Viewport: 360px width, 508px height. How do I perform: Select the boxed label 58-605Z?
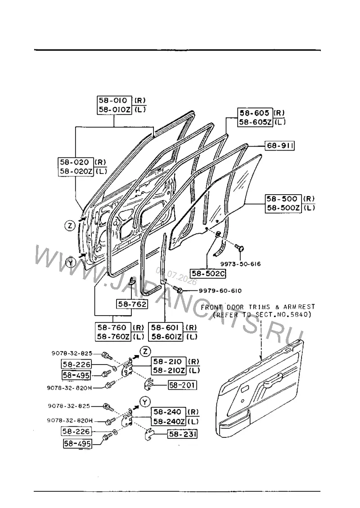[255, 122]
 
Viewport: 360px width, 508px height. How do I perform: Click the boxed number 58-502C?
[208, 274]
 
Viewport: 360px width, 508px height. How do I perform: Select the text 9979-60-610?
[220, 290]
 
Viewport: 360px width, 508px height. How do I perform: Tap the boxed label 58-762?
[132, 304]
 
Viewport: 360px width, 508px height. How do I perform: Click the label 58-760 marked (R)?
[113, 327]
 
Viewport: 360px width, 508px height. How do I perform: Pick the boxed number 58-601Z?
[166, 337]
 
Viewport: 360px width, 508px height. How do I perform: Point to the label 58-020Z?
[76, 171]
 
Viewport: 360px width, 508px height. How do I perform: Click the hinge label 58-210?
[168, 361]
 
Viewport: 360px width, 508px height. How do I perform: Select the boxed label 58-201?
[183, 385]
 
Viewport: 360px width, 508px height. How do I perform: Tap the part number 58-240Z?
[169, 422]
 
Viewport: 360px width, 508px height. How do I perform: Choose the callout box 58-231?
[182, 434]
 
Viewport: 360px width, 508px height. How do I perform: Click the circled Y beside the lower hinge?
[145, 402]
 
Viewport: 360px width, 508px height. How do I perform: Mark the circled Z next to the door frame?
[70, 226]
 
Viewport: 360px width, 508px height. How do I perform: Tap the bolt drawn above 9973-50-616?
[240, 248]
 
